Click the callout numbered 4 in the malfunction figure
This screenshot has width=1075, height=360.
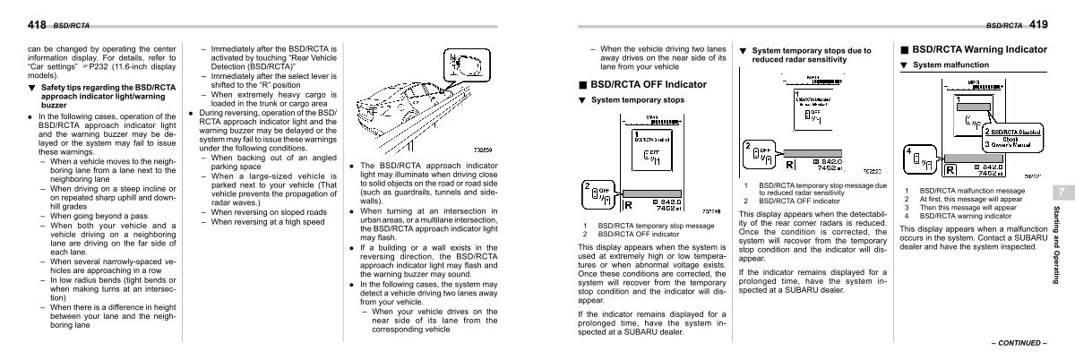[x=908, y=151]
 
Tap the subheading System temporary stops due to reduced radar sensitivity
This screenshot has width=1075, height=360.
[x=810, y=56]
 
